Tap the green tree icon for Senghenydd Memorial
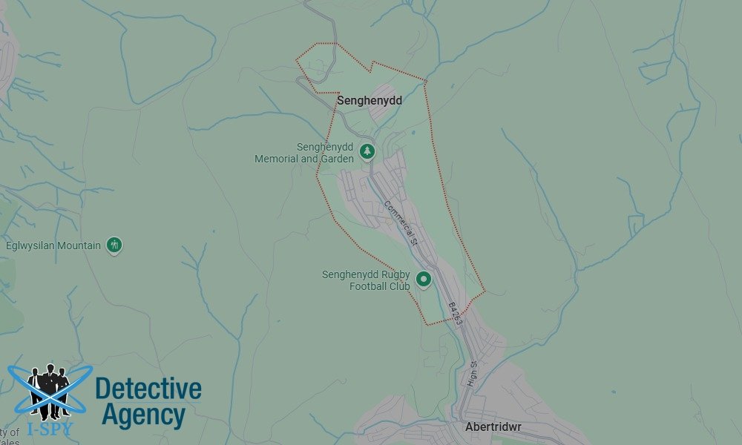tap(367, 152)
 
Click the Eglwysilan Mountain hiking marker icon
tap(114, 244)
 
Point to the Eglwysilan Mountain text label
tap(53, 245)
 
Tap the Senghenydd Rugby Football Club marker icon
tap(424, 280)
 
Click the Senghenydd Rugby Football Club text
tap(366, 280)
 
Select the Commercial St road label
tap(401, 222)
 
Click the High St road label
tap(472, 374)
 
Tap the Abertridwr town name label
tap(490, 427)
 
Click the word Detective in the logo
tap(148, 389)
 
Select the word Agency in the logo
tap(143, 415)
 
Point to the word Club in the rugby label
tap(400, 286)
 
